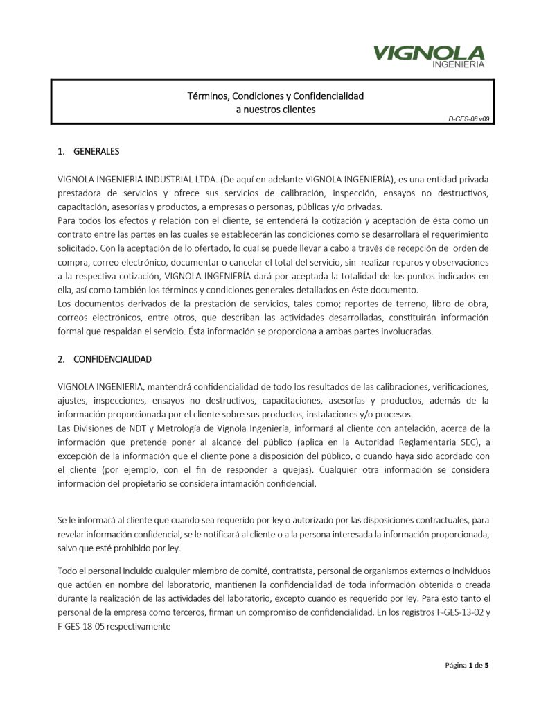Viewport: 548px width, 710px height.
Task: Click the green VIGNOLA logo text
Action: (x=429, y=53)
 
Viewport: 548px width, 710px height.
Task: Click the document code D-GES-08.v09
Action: (x=469, y=119)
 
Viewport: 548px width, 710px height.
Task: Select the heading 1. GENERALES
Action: (x=88, y=151)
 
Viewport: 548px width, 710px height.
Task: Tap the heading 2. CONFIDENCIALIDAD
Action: (x=104, y=359)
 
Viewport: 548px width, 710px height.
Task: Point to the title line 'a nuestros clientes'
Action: (x=275, y=110)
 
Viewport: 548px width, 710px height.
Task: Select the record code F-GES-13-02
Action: (x=451, y=612)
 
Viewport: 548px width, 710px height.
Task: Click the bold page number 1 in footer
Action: (x=471, y=666)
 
